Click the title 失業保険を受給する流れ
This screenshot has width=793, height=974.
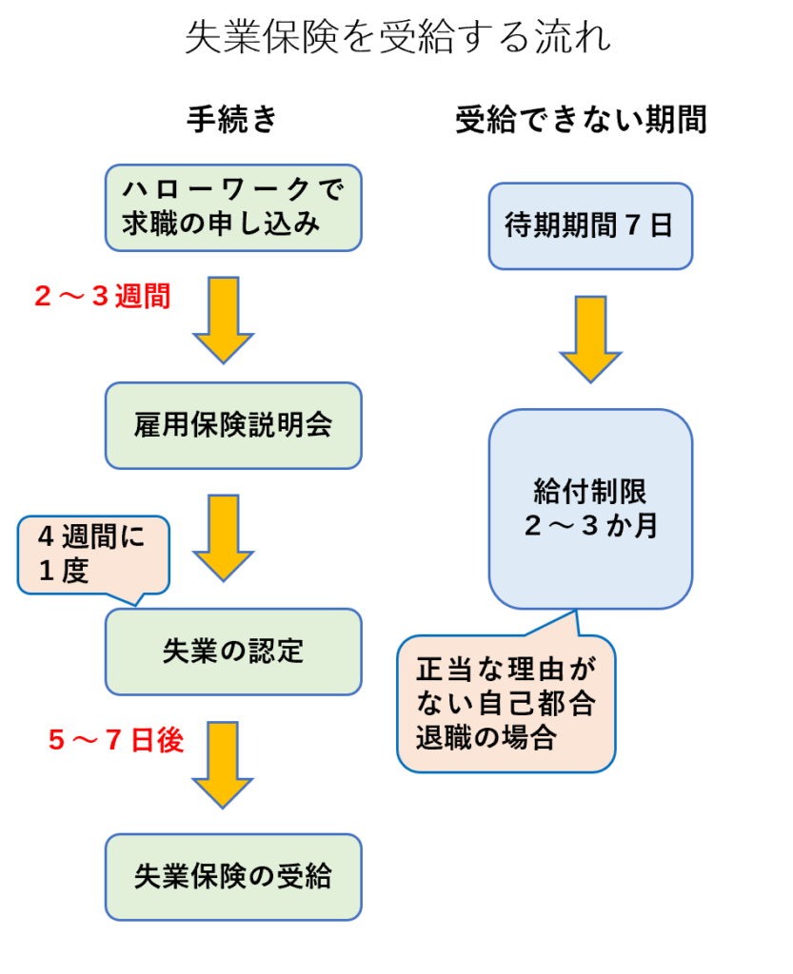tap(397, 40)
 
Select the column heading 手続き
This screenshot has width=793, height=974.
tap(232, 121)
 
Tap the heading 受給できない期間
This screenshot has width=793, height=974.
tap(580, 121)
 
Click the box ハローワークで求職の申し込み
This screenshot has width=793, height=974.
tap(232, 207)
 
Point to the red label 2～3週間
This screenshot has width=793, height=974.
tap(102, 298)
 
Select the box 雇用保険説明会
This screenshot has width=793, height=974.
tap(232, 425)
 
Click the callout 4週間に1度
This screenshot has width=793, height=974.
tap(92, 555)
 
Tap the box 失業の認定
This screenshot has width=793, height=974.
tap(232, 652)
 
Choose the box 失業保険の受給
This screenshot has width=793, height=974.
tap(232, 876)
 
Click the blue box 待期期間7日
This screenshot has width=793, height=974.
tap(589, 226)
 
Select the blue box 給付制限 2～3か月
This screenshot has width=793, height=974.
tap(589, 509)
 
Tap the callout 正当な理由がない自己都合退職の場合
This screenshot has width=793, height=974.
tap(506, 704)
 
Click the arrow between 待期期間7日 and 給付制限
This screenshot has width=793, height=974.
tap(590, 338)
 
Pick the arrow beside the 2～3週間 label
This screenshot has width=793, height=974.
tap(223, 319)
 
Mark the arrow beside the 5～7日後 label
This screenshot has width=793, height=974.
tap(223, 764)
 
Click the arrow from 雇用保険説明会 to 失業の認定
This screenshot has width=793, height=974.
tap(223, 536)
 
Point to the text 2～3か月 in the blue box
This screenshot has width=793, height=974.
tap(589, 526)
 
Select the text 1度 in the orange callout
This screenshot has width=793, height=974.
tap(64, 572)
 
